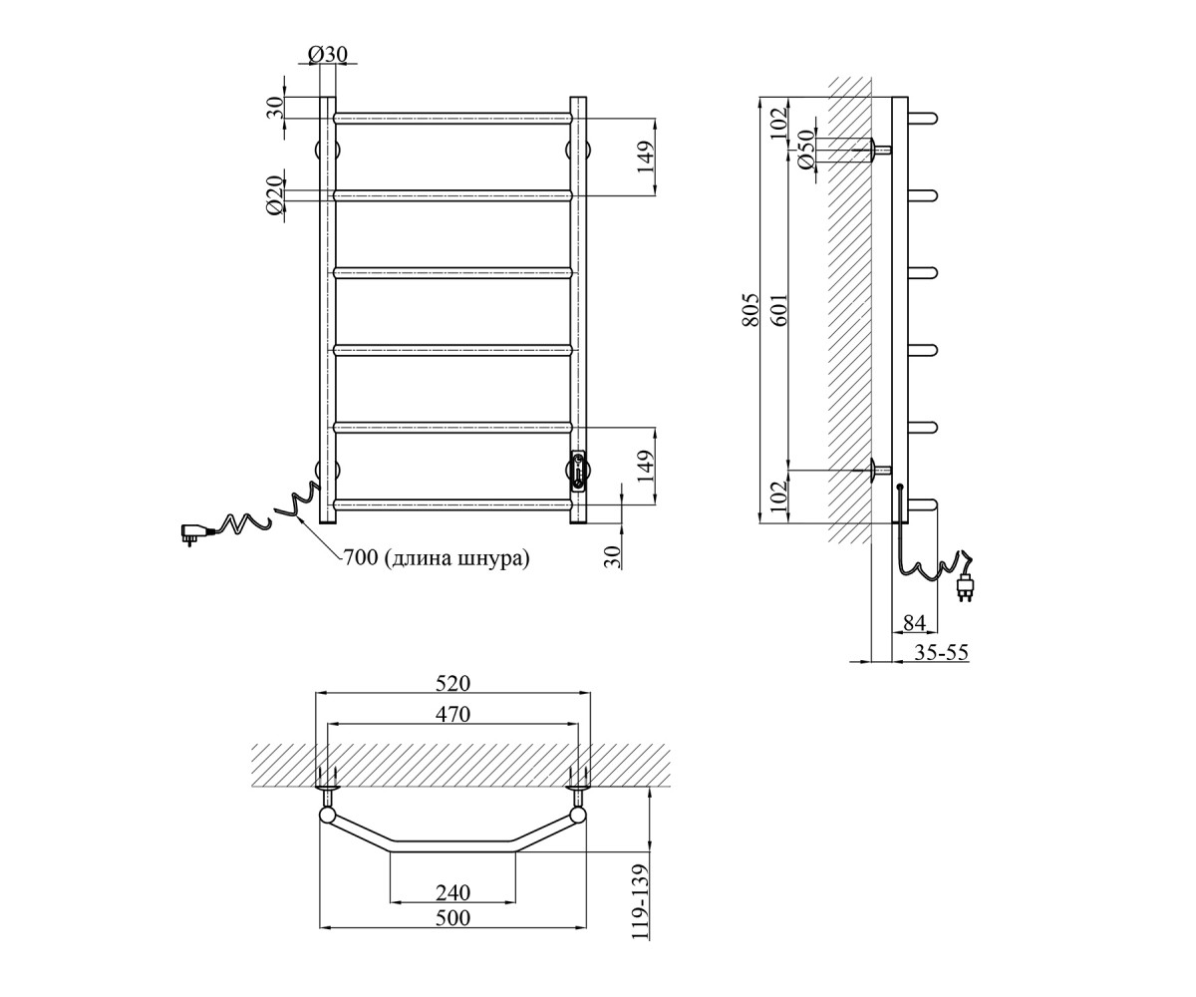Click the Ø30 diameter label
tap(328, 54)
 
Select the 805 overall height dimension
tap(749, 310)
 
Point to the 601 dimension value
tap(779, 310)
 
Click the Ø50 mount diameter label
tap(804, 149)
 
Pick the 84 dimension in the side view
tap(914, 623)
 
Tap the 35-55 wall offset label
tap(941, 652)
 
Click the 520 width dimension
tap(452, 683)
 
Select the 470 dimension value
tap(452, 714)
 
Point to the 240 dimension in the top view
tap(452, 892)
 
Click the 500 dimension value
tap(452, 917)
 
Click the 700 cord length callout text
tap(436, 557)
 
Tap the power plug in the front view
tap(194, 533)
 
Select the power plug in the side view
tap(965, 588)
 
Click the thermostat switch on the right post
tap(578, 471)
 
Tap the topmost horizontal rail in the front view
tap(452, 119)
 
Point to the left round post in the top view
tap(328, 815)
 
